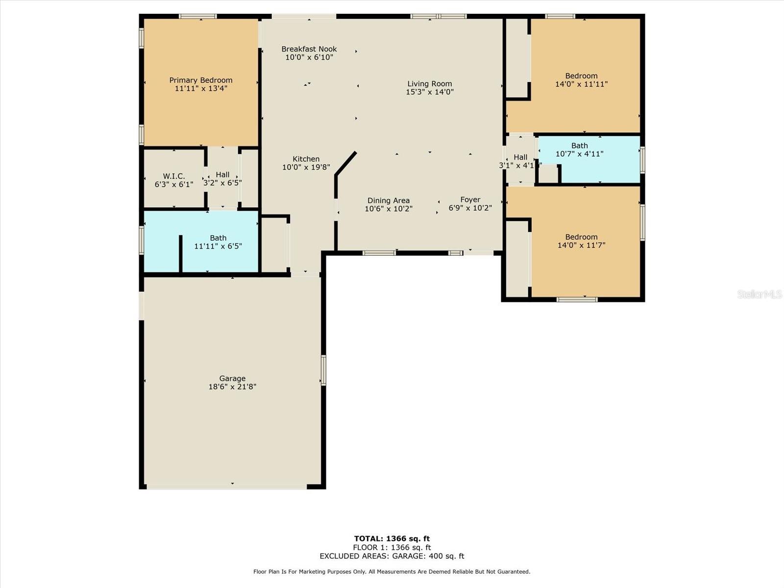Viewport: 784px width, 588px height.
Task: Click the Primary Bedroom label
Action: click(201, 80)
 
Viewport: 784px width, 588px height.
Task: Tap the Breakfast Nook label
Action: click(309, 49)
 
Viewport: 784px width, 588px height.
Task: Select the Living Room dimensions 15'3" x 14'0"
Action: click(430, 92)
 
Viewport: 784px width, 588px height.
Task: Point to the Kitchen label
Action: click(306, 159)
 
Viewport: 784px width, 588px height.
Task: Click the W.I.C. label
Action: click(174, 176)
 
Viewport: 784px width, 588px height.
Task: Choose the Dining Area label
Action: click(389, 200)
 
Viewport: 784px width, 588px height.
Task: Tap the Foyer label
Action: click(470, 199)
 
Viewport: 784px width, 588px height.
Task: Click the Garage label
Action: click(232, 378)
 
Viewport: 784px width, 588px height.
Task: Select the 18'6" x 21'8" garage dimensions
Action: click(233, 387)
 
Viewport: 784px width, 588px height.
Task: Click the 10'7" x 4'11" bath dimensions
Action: click(579, 154)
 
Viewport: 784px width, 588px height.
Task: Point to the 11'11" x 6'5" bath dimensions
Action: click(218, 246)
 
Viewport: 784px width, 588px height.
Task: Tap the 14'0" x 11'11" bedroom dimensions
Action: click(582, 84)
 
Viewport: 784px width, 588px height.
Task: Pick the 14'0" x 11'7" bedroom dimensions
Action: click(582, 245)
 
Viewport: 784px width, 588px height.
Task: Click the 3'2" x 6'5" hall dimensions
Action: click(222, 183)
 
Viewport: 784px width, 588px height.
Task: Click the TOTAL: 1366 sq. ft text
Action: click(392, 539)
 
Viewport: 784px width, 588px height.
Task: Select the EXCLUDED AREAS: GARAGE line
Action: click(392, 556)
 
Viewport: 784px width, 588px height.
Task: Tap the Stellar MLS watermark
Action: click(759, 294)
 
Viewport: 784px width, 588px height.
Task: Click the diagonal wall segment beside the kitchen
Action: click(346, 164)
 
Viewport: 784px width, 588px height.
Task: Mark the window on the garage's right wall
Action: click(323, 370)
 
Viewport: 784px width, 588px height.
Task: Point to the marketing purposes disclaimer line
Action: click(392, 571)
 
